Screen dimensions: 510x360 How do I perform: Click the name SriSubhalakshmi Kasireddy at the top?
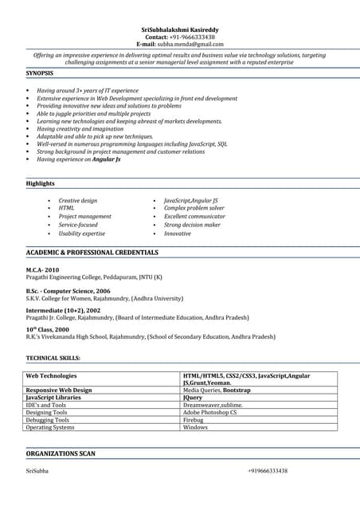click(x=179, y=29)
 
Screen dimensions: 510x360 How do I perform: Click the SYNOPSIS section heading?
click(x=40, y=73)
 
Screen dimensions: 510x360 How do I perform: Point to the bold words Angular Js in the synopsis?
click(x=107, y=159)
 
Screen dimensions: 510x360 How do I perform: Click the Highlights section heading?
click(x=41, y=183)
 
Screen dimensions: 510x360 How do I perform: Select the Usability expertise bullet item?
click(x=81, y=233)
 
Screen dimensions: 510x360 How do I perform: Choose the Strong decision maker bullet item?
click(x=192, y=225)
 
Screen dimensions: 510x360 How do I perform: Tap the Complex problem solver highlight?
click(x=194, y=208)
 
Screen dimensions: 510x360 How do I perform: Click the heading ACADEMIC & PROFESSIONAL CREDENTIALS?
click(x=92, y=253)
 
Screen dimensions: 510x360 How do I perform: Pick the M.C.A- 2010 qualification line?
click(x=43, y=270)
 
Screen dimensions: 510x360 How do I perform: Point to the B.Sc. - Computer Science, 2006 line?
click(x=68, y=291)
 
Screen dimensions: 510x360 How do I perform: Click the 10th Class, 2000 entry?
click(x=48, y=329)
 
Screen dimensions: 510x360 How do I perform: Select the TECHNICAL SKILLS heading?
click(x=53, y=358)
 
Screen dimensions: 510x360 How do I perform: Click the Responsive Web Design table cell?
click(x=59, y=390)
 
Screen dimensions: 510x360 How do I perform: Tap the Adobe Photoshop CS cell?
click(x=209, y=413)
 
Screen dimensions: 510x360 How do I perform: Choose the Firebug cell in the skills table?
click(x=194, y=420)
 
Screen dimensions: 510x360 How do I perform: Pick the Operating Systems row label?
click(x=50, y=427)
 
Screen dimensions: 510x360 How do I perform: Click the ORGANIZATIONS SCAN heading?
click(x=61, y=453)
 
